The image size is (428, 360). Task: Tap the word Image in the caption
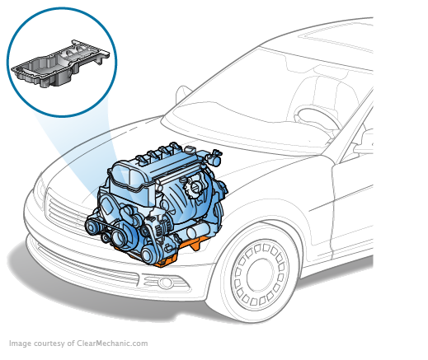(19, 344)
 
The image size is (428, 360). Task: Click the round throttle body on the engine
(198, 186)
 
